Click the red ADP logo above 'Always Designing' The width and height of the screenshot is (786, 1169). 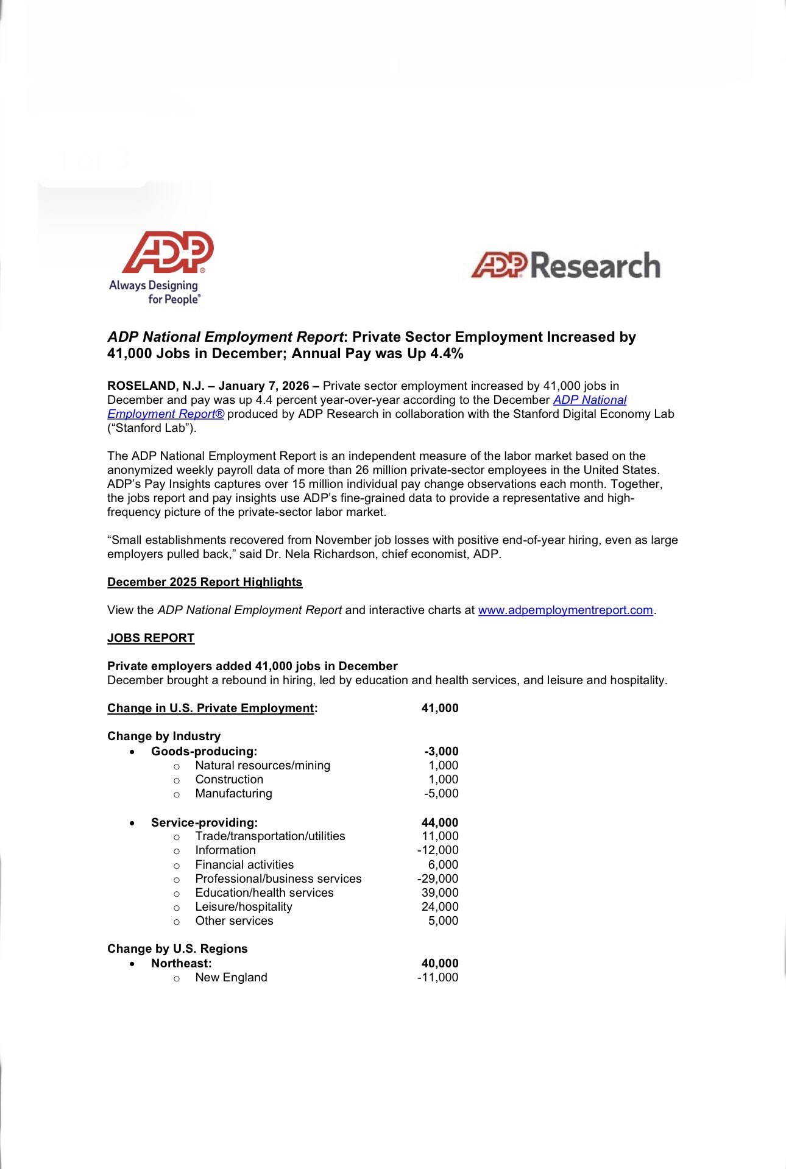[x=168, y=252]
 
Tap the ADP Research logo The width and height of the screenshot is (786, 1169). [x=565, y=266]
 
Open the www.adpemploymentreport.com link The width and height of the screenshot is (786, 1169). [x=565, y=610]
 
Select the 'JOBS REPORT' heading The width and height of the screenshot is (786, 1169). [x=150, y=638]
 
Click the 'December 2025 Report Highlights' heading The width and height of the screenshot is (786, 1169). [x=205, y=582]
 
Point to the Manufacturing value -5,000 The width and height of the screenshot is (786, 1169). [x=441, y=793]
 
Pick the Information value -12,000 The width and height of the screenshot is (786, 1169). [x=437, y=850]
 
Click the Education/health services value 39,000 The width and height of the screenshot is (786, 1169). [x=440, y=892]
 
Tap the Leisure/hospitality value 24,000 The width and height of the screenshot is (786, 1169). [x=440, y=906]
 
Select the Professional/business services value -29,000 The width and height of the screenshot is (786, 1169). [x=437, y=878]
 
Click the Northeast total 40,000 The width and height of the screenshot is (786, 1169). [x=440, y=963]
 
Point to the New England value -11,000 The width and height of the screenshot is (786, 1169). [x=437, y=977]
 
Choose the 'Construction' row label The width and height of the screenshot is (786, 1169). [x=229, y=779]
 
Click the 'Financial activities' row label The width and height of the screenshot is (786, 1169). [x=244, y=864]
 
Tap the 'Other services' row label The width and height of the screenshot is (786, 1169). [x=234, y=920]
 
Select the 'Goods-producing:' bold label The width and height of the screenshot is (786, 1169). [x=204, y=751]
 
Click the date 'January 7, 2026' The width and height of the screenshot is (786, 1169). [x=263, y=386]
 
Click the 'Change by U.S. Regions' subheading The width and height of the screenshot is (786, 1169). [x=177, y=948]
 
